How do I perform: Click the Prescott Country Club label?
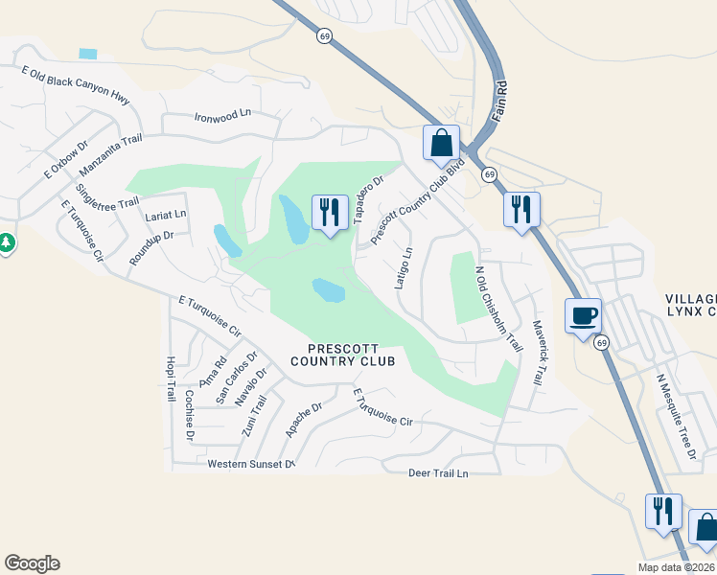[x=351, y=355]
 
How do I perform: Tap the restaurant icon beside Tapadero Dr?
[x=330, y=212]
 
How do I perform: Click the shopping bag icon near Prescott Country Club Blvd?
[x=442, y=144]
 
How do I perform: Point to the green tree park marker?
[x=6, y=243]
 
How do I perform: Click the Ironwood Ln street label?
[x=221, y=114]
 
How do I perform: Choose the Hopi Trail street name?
[x=170, y=378]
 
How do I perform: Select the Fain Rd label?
[x=498, y=103]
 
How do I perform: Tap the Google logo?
[x=32, y=563]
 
